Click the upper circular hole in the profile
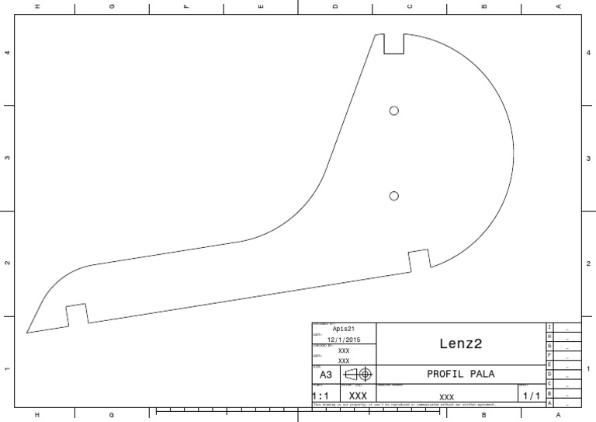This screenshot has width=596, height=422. point(394,110)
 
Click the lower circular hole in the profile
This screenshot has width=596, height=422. point(394,196)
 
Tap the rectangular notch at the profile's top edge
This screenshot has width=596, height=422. point(394,44)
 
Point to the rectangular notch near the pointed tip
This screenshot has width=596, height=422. point(76,314)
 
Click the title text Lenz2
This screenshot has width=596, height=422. point(461,343)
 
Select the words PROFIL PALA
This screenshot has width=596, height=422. point(461,374)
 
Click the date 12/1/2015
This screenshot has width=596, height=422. point(344,340)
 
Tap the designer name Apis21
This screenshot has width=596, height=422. point(344,329)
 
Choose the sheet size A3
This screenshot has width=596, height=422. point(326,375)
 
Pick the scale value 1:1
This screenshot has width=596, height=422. point(321,396)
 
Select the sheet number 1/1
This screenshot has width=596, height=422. point(531,396)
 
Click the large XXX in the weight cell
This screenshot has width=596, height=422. point(358,396)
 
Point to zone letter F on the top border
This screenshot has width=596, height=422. point(186,7)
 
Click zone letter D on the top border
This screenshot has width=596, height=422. point(335,7)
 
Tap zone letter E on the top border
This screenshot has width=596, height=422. point(261,7)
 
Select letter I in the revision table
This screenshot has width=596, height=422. point(549,327)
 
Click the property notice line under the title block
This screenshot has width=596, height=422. point(404,404)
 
